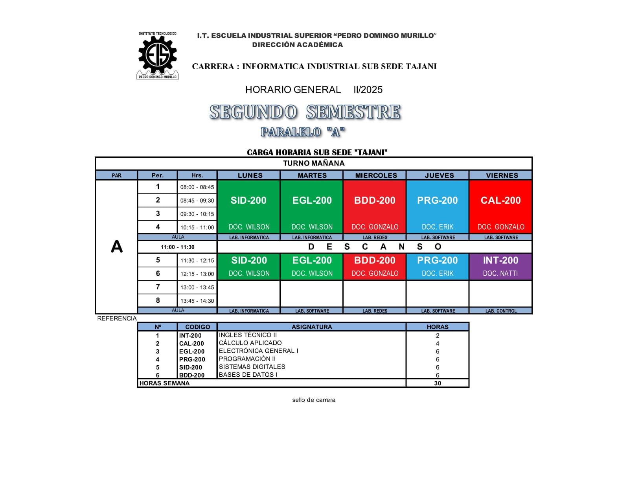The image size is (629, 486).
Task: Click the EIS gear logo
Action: click(158, 55)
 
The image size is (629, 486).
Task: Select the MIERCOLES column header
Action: click(376, 175)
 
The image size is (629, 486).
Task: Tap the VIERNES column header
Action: click(502, 175)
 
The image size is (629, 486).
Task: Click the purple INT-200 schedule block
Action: click(500, 266)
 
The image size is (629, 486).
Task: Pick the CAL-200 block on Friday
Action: click(500, 206)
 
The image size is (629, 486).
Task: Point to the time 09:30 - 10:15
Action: click(197, 214)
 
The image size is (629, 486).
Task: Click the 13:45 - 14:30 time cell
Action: click(197, 301)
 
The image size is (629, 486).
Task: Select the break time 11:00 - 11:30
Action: click(177, 247)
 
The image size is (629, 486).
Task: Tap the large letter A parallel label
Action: click(116, 247)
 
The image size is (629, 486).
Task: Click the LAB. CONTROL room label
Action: click(500, 311)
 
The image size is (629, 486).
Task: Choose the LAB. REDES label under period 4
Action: click(375, 237)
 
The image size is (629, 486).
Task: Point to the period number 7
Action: click(158, 287)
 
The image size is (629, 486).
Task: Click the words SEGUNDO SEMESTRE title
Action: click(305, 112)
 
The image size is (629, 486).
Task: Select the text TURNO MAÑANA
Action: click(314, 163)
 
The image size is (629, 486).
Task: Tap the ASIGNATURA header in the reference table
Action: click(311, 327)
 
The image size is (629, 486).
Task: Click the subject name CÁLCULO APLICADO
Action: click(250, 343)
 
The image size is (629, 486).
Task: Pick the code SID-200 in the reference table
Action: click(191, 367)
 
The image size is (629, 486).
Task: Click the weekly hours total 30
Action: click(437, 383)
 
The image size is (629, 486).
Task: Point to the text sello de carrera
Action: click(313, 400)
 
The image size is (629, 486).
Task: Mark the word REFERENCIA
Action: click(117, 318)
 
